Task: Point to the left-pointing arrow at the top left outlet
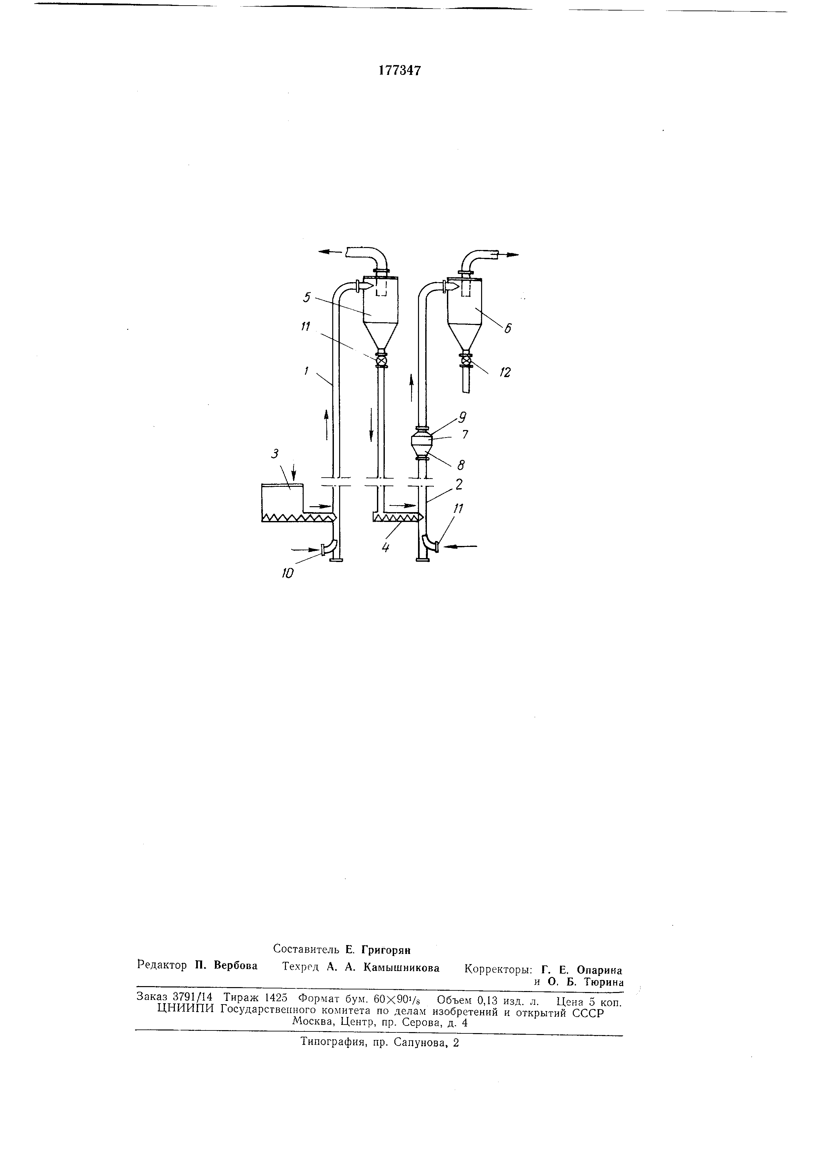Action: click(329, 252)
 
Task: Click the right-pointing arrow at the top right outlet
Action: click(511, 255)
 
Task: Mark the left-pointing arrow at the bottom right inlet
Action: click(460, 546)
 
